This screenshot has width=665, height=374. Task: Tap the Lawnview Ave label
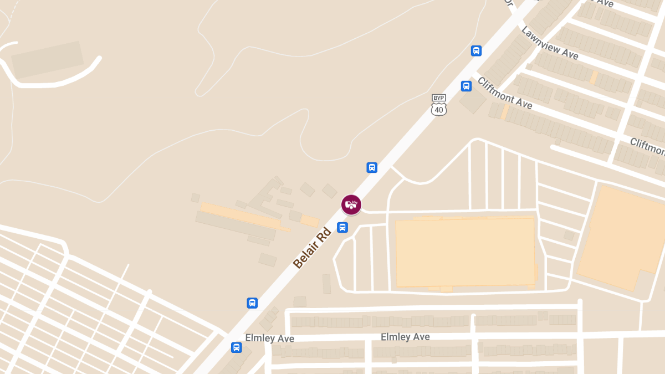coord(549,43)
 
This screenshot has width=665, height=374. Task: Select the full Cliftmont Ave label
coord(504,93)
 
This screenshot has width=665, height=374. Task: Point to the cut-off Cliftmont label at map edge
coord(647,147)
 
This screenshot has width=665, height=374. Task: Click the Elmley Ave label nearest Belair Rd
coord(269,338)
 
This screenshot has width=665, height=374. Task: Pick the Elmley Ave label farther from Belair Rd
coord(405,337)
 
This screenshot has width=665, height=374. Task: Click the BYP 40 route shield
coord(439,105)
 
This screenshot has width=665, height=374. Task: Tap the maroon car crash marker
coord(351,204)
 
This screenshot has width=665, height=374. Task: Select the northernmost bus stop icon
coord(476,51)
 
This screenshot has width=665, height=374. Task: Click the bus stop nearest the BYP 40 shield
coord(466,86)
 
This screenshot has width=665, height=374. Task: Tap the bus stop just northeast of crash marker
coord(372,167)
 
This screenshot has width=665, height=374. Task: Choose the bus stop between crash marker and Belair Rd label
coord(342,227)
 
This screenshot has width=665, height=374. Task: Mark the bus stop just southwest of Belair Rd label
coord(252,303)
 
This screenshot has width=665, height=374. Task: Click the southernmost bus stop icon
coord(236,347)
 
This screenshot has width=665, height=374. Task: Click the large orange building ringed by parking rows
coord(464,253)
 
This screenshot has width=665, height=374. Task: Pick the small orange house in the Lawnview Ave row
coord(594,77)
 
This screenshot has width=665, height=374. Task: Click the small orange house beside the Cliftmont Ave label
coord(504,112)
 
